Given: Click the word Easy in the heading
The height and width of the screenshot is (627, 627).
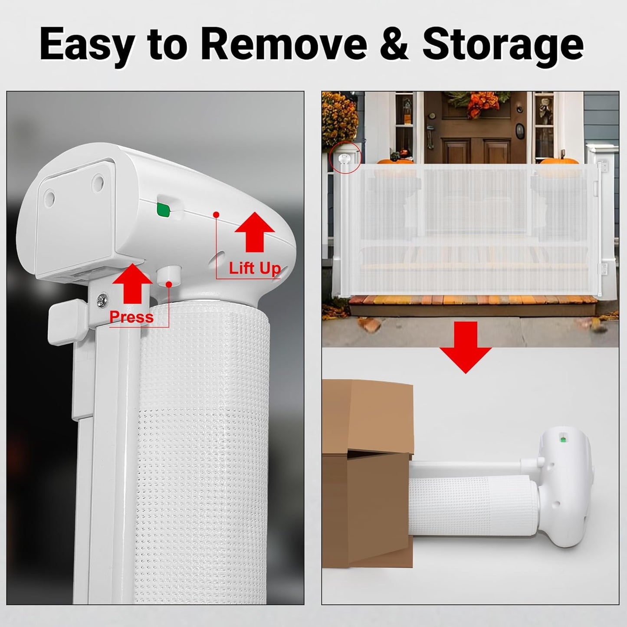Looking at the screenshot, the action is [87, 45].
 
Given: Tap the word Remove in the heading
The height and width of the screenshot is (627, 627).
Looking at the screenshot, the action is [284, 44].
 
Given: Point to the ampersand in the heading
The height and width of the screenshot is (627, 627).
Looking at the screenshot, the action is [394, 44].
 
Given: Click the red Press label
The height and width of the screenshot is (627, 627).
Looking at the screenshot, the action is [131, 317].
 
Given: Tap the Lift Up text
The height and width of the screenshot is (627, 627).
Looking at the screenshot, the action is [255, 269].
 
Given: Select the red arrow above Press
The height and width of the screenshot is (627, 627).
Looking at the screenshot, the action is [132, 283].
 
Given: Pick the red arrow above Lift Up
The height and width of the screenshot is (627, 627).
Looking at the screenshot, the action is [255, 232].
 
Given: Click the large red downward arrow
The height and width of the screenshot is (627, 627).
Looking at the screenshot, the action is [465, 347].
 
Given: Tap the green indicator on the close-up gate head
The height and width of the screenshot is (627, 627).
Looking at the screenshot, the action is [163, 210].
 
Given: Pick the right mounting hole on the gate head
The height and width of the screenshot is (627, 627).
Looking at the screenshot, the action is [98, 180].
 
